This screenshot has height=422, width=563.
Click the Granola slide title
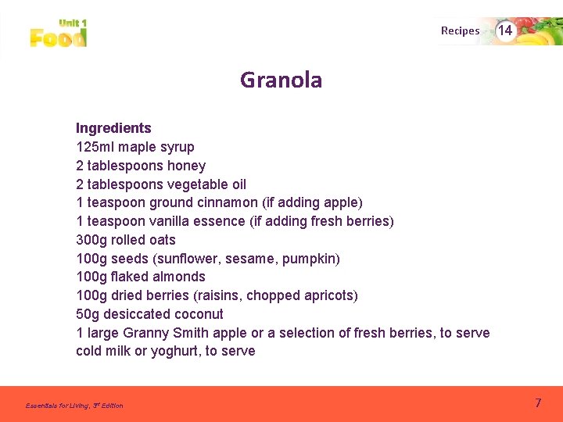click(281, 80)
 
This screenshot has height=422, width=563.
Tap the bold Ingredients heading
click(113, 128)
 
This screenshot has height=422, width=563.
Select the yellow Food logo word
click(58, 38)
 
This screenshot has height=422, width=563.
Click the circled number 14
click(505, 30)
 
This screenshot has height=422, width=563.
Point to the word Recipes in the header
click(460, 31)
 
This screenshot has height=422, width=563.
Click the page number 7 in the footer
click(538, 403)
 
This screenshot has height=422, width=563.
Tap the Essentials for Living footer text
click(74, 406)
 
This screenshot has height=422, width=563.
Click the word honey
click(186, 166)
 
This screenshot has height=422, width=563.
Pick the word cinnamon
click(229, 202)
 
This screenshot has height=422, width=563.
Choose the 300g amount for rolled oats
click(91, 240)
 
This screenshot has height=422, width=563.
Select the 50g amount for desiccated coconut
click(87, 314)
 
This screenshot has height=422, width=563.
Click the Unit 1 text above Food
click(73, 23)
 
